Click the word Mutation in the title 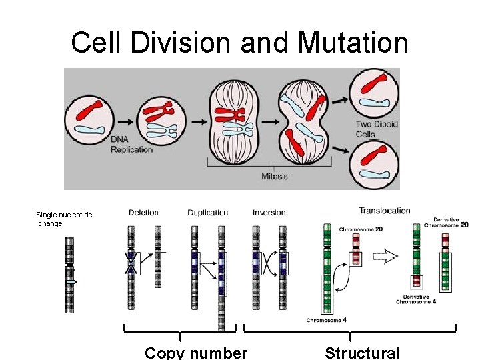[353, 43]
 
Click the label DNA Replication [131, 144]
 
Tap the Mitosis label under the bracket [274, 176]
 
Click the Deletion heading [143, 213]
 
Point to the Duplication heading [207, 213]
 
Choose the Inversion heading [269, 213]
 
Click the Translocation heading [385, 211]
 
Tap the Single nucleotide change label [64, 219]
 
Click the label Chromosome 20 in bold [361, 229]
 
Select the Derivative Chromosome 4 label [416, 299]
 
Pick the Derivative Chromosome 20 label [451, 222]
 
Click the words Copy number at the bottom [196, 353]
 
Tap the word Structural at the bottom [363, 353]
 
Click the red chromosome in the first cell [89, 109]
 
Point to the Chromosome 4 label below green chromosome [326, 320]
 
